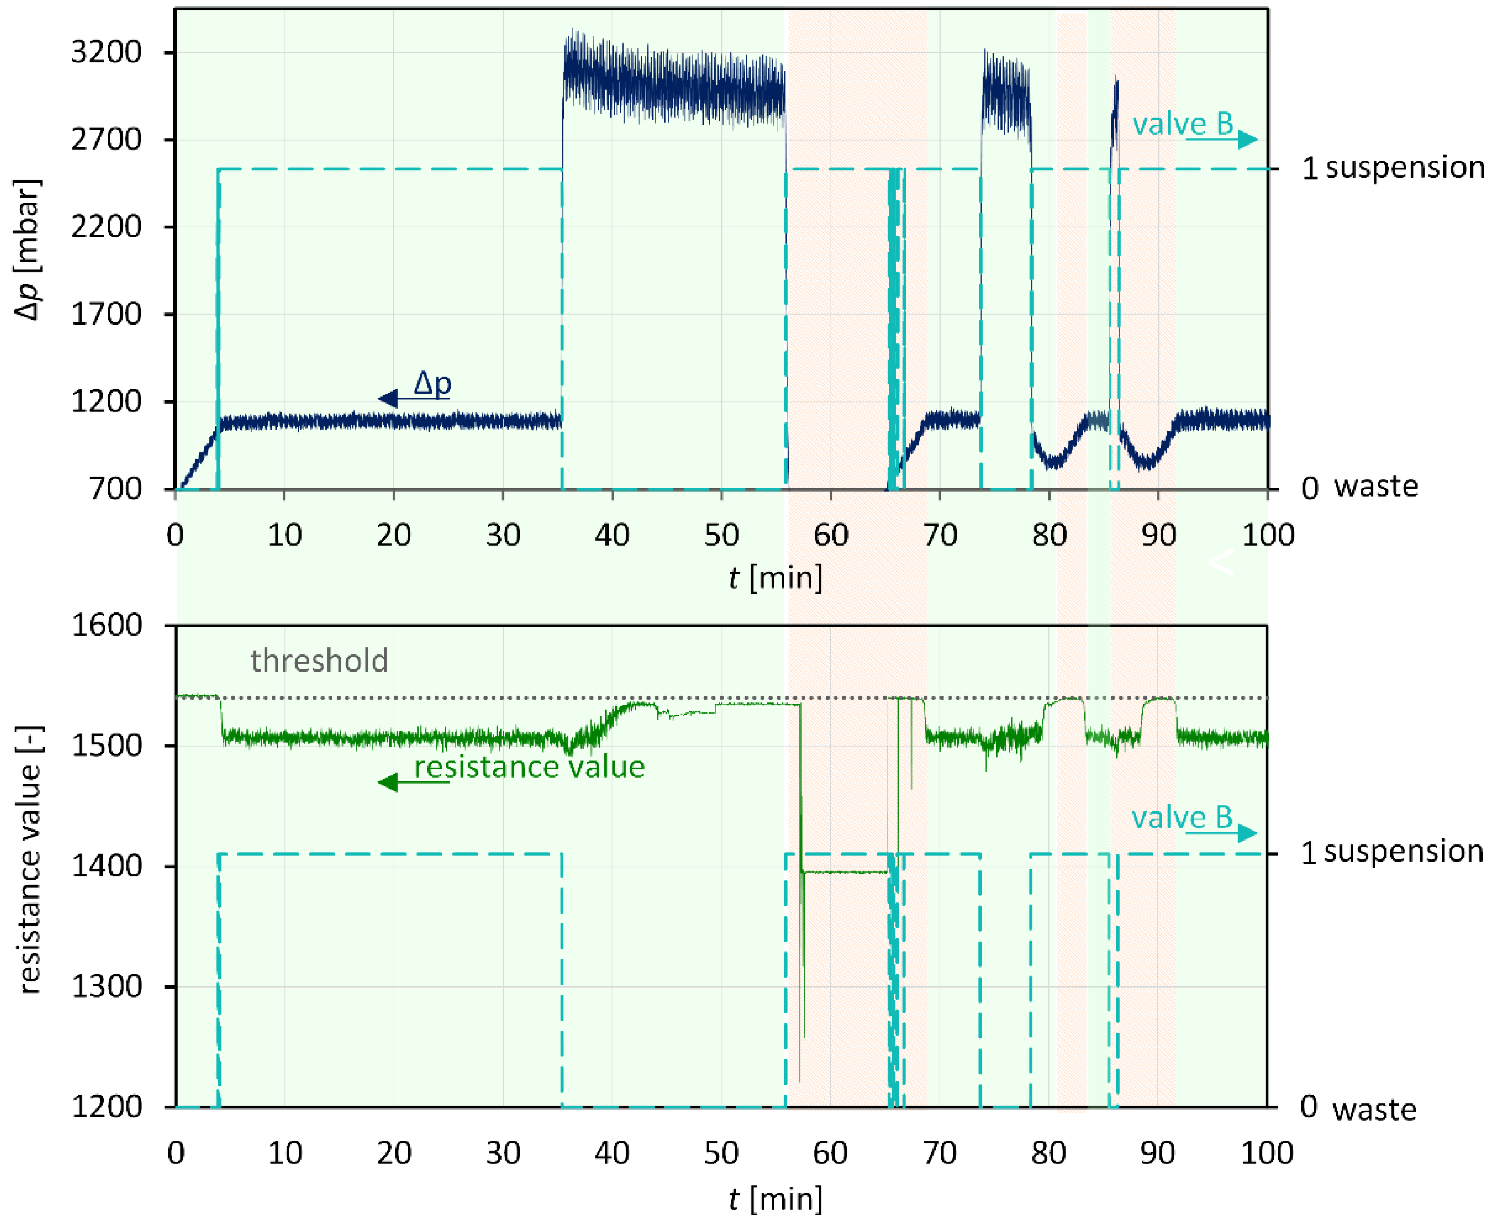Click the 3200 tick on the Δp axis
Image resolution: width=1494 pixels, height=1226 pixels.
(x=106, y=52)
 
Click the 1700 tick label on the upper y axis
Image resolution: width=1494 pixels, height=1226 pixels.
(x=106, y=314)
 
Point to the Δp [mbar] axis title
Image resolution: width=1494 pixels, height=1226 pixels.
(x=28, y=251)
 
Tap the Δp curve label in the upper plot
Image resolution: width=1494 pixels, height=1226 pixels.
(x=432, y=383)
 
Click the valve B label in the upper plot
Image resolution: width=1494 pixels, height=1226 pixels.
(x=1182, y=124)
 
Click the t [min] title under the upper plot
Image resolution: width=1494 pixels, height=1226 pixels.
(x=775, y=577)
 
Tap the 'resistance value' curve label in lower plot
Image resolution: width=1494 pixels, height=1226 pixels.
(x=529, y=767)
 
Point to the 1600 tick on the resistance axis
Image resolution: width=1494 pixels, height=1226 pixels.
(x=106, y=625)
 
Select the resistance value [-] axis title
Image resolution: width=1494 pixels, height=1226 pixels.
(x=28, y=860)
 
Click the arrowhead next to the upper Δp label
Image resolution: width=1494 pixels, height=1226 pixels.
(x=387, y=399)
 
